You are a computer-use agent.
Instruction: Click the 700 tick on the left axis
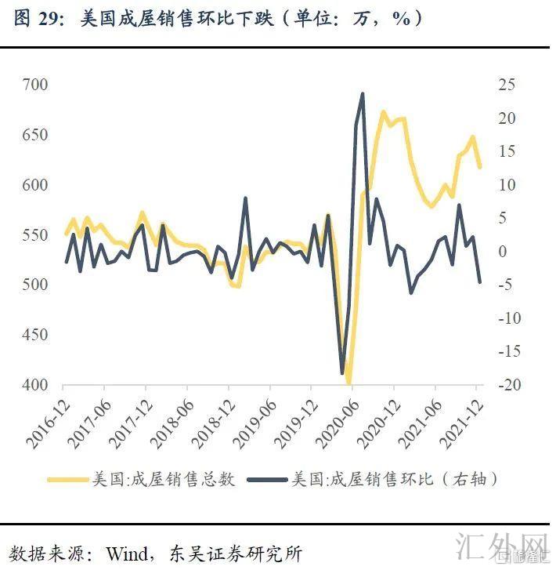36,85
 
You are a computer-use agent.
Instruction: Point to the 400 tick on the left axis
36,385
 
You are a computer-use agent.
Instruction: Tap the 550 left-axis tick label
36,235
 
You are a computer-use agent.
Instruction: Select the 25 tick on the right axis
505,85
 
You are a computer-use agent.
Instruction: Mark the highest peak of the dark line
363,94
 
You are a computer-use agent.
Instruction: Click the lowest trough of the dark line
342,373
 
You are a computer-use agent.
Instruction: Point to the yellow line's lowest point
349,383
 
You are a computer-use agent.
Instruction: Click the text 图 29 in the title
38,19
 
